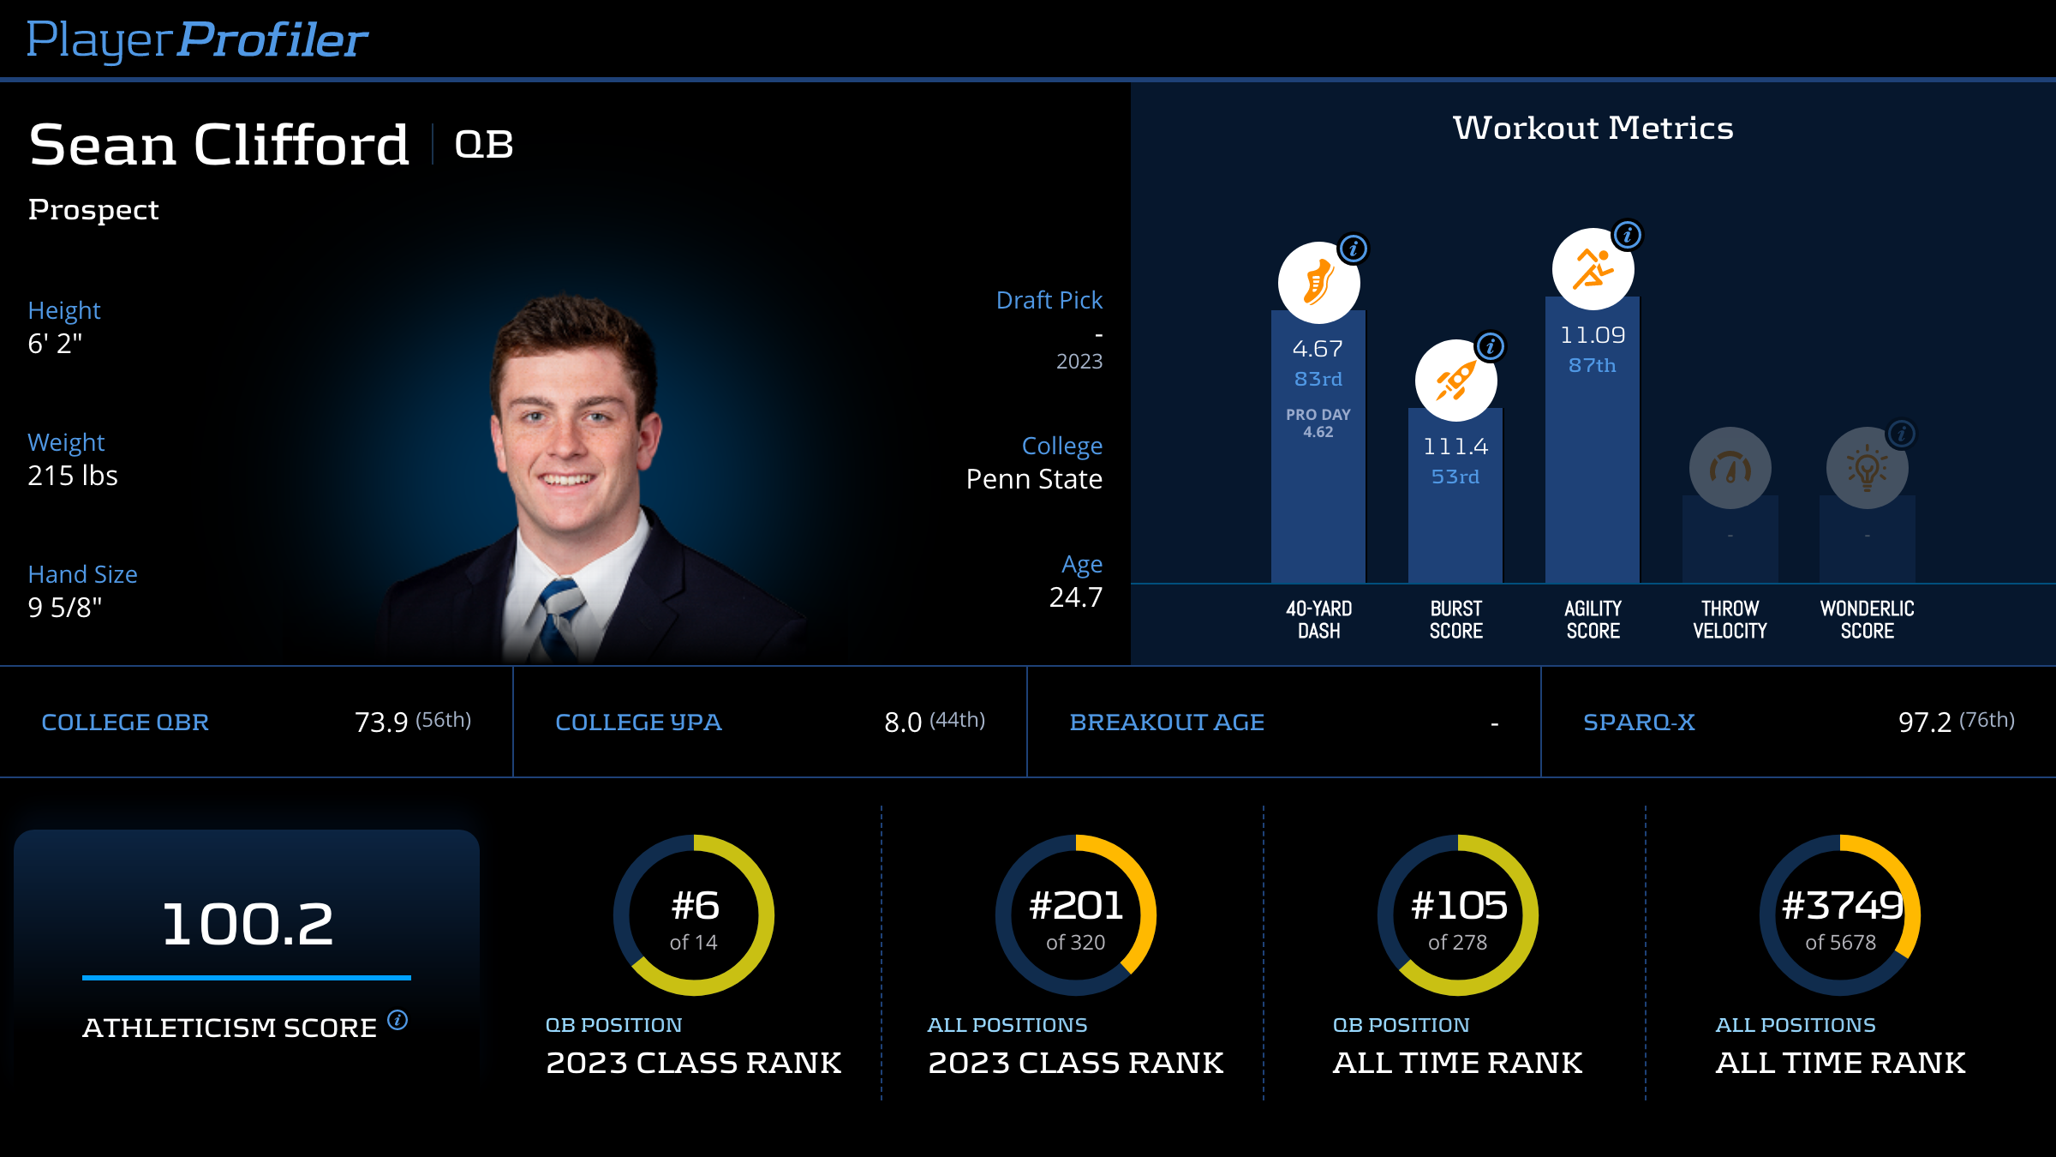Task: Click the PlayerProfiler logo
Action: pos(197,40)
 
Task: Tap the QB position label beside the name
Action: pos(484,144)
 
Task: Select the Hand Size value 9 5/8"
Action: pos(65,608)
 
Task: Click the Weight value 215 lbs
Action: pos(73,476)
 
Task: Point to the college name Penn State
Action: pos(1034,479)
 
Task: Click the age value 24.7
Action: pos(1076,597)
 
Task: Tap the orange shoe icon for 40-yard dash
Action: pos(1318,283)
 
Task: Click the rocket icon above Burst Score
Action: pos(1455,381)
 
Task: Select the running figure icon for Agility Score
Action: pos(1593,269)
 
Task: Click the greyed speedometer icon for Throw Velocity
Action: pos(1730,468)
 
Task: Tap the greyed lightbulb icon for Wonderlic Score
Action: pos(1867,468)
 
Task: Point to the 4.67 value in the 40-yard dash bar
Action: pos(1318,349)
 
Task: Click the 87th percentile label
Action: pos(1592,366)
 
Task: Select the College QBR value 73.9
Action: pos(381,722)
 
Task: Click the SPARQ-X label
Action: pos(1639,722)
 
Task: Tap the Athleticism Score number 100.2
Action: pos(247,924)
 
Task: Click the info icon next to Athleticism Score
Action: pos(397,1020)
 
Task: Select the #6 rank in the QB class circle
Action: pos(695,906)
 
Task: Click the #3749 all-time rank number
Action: pos(1842,906)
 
